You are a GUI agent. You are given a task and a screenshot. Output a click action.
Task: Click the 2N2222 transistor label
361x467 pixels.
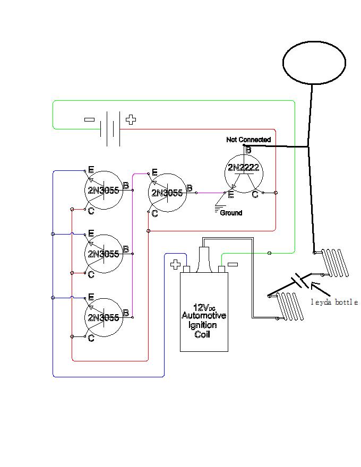point(243,168)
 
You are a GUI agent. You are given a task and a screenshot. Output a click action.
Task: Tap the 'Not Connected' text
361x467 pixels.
point(248,140)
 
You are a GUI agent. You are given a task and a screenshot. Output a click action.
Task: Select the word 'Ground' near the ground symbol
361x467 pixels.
point(231,213)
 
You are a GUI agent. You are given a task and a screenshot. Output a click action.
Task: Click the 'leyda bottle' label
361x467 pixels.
point(334,302)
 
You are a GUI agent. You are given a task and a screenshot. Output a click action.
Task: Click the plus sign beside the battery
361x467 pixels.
point(131,119)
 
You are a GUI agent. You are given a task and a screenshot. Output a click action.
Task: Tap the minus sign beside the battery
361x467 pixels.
point(89,119)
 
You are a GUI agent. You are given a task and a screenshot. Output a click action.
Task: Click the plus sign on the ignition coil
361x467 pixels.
point(175,264)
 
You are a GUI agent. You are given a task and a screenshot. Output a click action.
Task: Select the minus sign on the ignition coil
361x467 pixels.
point(233,264)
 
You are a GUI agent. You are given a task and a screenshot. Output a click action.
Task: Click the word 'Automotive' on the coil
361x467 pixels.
point(204,315)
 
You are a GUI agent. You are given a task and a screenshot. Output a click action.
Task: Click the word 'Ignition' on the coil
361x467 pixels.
point(203,325)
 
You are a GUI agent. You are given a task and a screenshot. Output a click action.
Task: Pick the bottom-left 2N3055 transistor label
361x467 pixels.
point(104,317)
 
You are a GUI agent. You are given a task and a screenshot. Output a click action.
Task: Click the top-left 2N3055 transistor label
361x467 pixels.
point(104,190)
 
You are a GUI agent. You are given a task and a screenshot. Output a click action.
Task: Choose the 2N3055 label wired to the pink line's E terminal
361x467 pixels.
point(167,193)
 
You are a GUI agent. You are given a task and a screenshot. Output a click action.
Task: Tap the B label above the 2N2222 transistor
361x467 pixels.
point(248,150)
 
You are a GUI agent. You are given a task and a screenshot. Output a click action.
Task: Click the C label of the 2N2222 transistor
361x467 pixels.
point(255,194)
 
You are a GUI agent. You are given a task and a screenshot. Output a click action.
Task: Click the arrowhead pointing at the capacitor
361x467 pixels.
point(314,285)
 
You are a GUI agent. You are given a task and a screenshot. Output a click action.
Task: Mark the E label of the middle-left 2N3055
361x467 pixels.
point(91,233)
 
